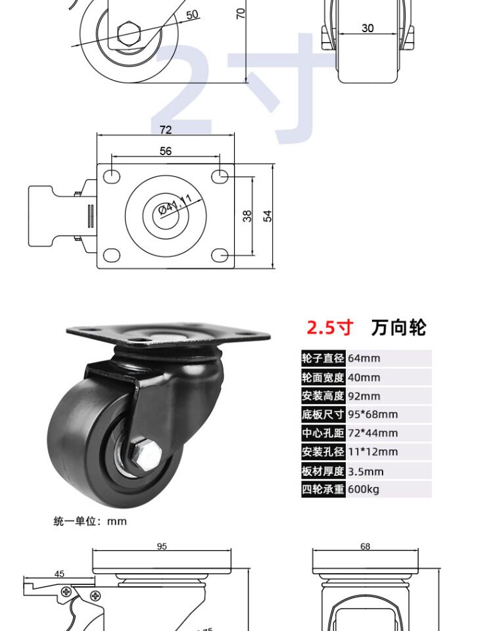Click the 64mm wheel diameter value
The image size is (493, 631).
[x=364, y=358]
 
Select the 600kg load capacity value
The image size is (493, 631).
[x=364, y=489]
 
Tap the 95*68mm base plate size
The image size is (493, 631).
[x=373, y=414]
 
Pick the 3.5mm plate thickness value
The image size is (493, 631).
[x=365, y=471]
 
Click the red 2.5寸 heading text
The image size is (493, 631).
[x=330, y=327]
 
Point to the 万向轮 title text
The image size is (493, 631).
[x=398, y=327]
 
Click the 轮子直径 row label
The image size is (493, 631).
[x=323, y=358]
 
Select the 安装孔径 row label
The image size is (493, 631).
[x=323, y=452]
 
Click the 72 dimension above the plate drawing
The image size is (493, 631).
[x=166, y=129]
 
